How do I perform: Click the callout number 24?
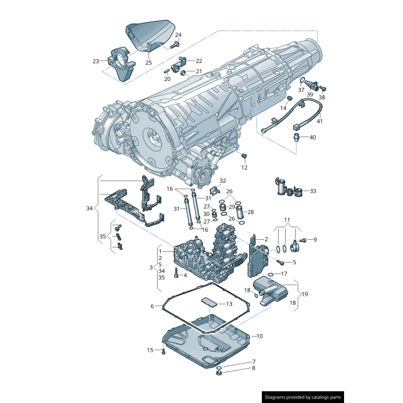(178, 35)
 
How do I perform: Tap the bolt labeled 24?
(174, 45)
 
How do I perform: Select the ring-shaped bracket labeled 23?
(121, 63)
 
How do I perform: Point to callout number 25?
(149, 62)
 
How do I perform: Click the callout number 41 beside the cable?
(319, 121)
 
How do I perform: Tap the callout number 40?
(312, 137)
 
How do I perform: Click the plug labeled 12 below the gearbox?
(244, 156)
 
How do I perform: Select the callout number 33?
(313, 191)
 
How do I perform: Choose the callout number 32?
(223, 180)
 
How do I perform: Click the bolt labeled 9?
(302, 240)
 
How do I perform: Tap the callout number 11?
(287, 220)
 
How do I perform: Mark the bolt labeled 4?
(176, 275)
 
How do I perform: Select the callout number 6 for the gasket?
(152, 306)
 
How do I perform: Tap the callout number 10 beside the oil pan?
(260, 335)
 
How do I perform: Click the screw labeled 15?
(163, 351)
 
